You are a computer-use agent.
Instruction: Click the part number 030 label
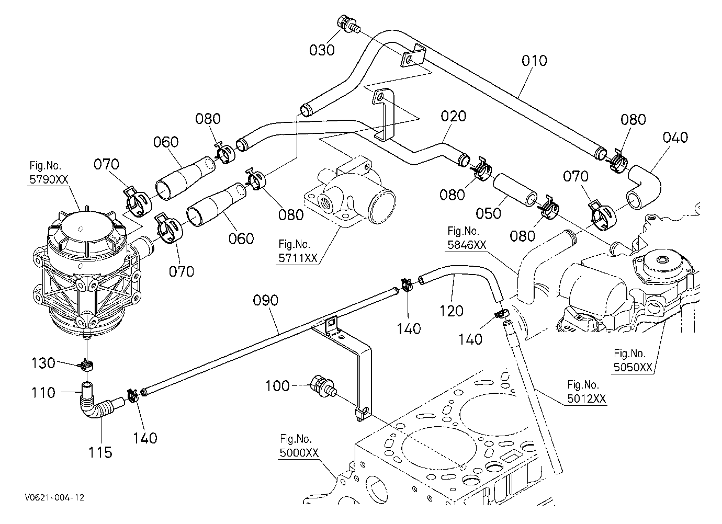tap(322, 50)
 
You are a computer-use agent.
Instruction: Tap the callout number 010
tap(534, 61)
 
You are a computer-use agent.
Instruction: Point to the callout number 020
tap(453, 116)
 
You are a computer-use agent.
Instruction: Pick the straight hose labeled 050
tap(515, 190)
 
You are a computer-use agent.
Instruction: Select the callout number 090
tap(265, 300)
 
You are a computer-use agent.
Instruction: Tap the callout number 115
tap(100, 452)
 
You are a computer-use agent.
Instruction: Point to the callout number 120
tap(451, 311)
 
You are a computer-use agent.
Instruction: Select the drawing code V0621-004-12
tap(54, 497)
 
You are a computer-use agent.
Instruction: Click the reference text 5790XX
tap(49, 179)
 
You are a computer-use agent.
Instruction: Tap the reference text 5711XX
tap(298, 258)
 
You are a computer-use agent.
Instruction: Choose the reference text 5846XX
tap(467, 245)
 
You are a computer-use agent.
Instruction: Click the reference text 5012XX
tap(586, 398)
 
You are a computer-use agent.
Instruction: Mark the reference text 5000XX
tap(299, 453)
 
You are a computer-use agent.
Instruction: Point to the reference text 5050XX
tap(633, 367)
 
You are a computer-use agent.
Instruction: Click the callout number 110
tap(43, 393)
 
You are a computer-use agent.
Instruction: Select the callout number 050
tap(488, 213)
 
